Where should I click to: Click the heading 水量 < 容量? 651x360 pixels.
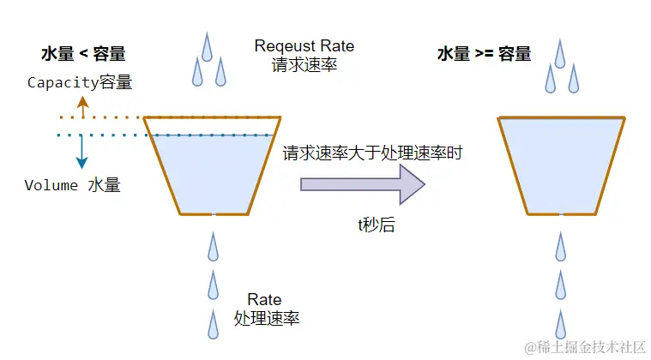(83, 54)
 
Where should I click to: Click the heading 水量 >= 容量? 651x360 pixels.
(485, 54)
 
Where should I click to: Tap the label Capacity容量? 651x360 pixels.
(81, 82)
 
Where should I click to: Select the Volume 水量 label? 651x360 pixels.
(72, 185)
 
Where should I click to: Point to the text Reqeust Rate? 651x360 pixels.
(304, 45)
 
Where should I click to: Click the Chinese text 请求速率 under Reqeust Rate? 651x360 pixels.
(304, 65)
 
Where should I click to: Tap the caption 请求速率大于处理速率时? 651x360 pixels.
(373, 153)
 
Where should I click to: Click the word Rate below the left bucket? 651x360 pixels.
(264, 299)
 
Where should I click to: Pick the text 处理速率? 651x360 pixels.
(266, 319)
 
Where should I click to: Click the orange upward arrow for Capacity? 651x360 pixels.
(82, 106)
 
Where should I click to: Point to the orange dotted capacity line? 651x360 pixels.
(103, 117)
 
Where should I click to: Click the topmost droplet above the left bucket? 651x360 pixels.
(207, 45)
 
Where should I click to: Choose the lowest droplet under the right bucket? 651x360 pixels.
(561, 324)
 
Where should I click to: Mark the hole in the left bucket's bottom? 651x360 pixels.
(213, 213)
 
